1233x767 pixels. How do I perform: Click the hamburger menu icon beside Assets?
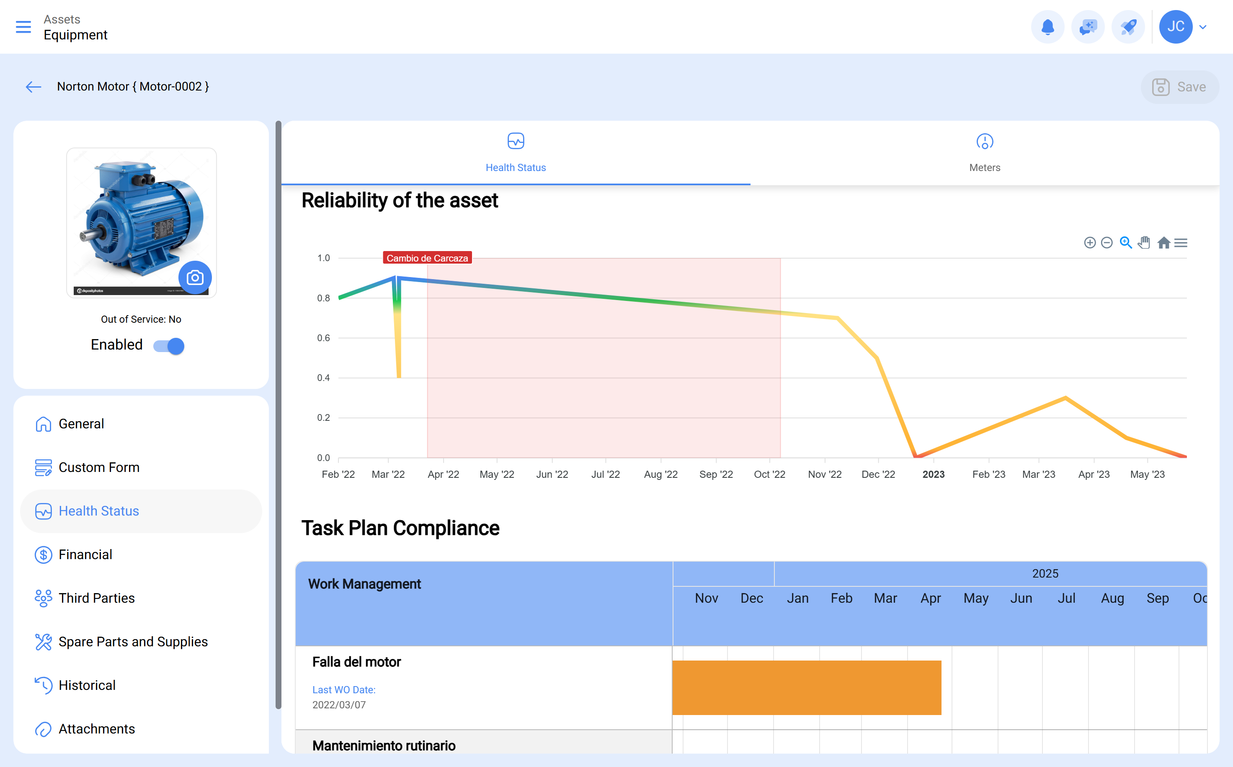(23, 27)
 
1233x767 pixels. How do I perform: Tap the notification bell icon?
(1047, 27)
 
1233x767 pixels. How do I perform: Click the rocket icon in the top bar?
(1128, 27)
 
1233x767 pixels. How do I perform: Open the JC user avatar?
(1175, 27)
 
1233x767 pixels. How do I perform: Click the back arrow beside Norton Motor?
(34, 87)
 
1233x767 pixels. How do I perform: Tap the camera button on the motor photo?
(195, 277)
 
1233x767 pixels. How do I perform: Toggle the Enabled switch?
(169, 346)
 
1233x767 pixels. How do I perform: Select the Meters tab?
(984, 153)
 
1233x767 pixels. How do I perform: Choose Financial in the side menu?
(85, 555)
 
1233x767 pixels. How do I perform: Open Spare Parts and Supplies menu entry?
(133, 642)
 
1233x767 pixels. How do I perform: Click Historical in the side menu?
(87, 685)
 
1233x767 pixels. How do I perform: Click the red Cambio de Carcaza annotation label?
(427, 258)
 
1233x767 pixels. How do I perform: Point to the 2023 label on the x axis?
(933, 474)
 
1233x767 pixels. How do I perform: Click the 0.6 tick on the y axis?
(323, 338)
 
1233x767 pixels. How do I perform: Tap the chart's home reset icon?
(1163, 243)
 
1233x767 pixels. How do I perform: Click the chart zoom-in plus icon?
(1090, 243)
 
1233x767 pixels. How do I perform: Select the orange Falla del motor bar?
(806, 687)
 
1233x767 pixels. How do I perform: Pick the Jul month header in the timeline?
(1066, 599)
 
